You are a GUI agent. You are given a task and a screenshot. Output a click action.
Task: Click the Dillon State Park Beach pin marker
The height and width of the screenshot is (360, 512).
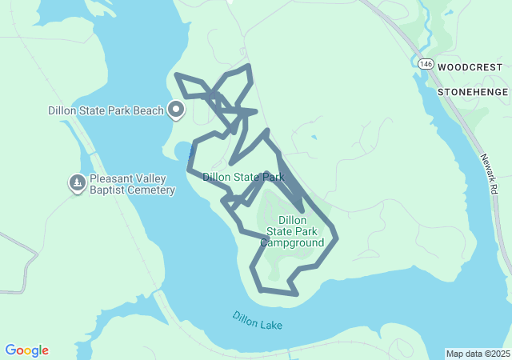176,110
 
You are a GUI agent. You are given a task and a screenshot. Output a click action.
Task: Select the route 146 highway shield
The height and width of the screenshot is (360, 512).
424,64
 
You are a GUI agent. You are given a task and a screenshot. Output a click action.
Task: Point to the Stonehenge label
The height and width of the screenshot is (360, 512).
473,92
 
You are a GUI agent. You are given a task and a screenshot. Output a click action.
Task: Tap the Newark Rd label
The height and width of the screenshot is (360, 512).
489,174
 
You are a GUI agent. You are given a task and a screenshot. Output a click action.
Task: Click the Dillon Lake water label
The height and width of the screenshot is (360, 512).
258,321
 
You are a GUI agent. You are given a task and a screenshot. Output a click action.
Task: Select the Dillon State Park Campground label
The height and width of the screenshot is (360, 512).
292,231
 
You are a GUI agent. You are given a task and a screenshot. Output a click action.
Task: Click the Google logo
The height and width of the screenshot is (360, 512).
26,350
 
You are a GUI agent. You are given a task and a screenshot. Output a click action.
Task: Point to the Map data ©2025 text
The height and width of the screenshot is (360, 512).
477,354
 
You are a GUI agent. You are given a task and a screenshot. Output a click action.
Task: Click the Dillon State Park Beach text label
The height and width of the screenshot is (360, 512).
106,110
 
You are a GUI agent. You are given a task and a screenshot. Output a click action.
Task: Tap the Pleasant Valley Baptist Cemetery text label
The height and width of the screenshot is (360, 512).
132,184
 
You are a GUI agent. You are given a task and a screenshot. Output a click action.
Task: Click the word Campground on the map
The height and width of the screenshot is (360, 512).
292,243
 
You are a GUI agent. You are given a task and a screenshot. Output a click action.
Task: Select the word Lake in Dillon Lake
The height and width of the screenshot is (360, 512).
270,324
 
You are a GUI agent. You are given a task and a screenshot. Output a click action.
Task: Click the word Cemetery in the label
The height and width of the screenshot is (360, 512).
150,190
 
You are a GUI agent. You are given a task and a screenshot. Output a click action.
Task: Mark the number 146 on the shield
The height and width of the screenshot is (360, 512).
424,64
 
